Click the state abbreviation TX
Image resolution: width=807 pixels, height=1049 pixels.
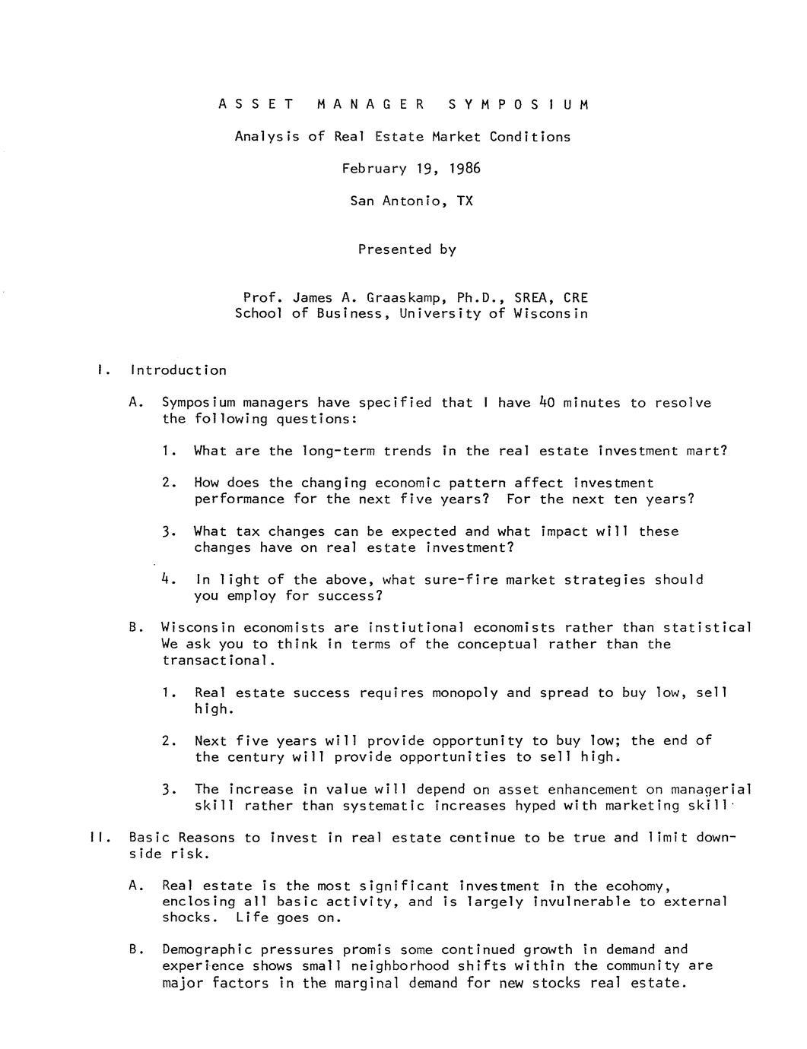[x=465, y=201]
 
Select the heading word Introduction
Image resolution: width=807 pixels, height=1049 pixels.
[x=178, y=371]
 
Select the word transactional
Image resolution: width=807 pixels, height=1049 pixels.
[x=215, y=661]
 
